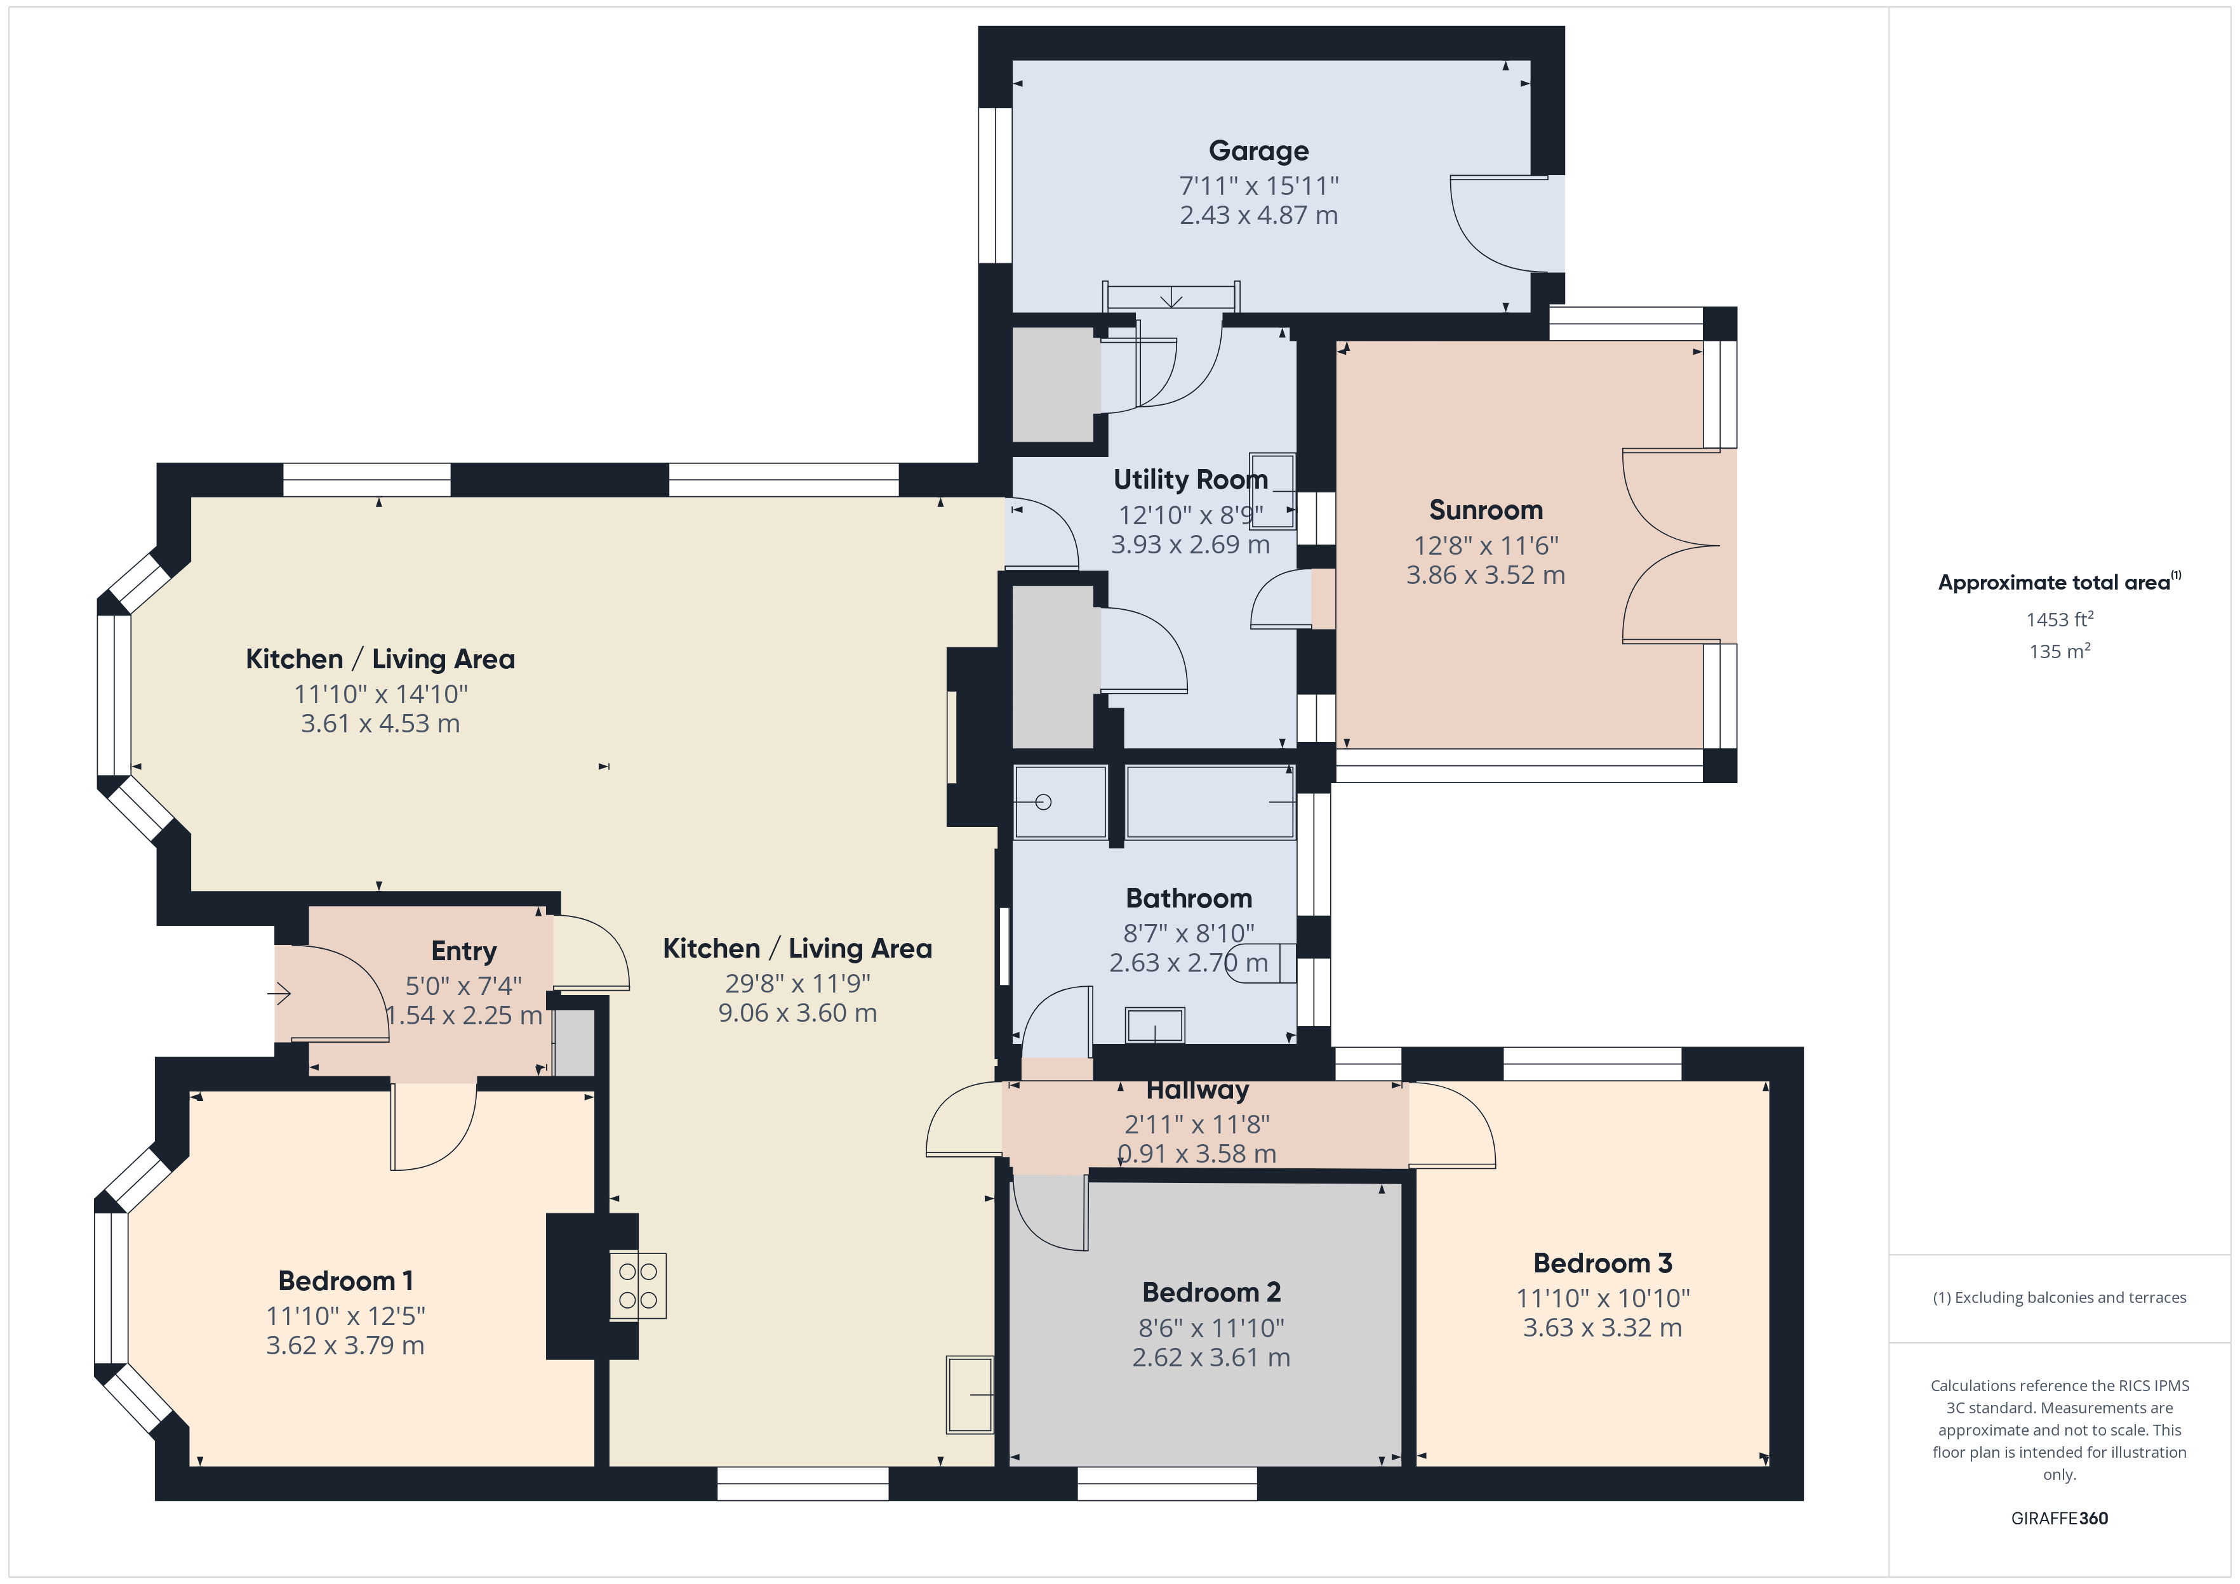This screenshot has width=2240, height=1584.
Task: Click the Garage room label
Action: (x=1258, y=151)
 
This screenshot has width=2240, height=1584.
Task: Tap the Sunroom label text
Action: (x=1486, y=510)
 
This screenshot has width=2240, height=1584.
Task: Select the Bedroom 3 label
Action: (x=1603, y=1263)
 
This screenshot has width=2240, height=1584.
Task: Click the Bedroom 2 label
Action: (x=1211, y=1292)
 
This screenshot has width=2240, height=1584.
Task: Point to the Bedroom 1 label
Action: (x=345, y=1281)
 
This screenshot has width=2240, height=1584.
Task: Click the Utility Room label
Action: (x=1191, y=480)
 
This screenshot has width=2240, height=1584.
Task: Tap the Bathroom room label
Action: (x=1189, y=899)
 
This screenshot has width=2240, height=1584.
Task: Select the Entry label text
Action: (x=464, y=952)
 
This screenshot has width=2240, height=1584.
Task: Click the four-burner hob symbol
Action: (x=638, y=1286)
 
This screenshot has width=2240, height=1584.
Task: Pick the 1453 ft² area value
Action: (x=2060, y=619)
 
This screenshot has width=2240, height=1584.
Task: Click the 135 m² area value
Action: (x=2060, y=652)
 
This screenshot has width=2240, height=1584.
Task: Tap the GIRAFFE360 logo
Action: (x=2060, y=1517)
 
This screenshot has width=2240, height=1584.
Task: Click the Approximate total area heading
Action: (x=2060, y=583)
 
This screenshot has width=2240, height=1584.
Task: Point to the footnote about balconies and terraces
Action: (x=2060, y=1297)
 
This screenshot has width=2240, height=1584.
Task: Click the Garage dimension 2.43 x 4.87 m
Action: (x=1258, y=216)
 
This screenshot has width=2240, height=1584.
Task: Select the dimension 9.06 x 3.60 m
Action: (x=798, y=1013)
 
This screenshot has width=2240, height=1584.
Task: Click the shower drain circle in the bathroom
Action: (x=1043, y=803)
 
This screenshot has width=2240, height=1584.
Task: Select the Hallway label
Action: (x=1197, y=1090)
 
